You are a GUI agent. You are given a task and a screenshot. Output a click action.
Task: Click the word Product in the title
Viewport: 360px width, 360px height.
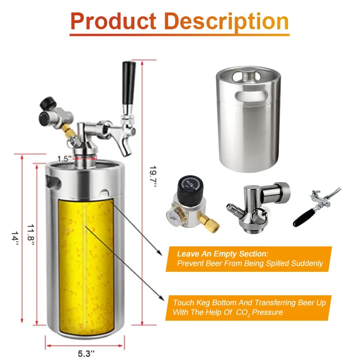[113, 21]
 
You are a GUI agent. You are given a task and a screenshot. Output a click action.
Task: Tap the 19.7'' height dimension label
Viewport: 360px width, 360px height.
[153, 176]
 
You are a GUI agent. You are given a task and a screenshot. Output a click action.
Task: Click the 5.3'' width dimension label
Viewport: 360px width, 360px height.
[86, 353]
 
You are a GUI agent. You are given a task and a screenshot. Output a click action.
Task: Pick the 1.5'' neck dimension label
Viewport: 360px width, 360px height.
[64, 159]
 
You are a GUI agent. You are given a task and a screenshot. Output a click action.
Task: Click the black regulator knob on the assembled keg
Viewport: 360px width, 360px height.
[48, 104]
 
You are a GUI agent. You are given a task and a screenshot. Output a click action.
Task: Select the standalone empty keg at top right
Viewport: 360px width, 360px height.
[248, 119]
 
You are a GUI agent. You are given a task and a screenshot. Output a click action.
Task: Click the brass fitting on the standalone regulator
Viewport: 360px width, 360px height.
[209, 223]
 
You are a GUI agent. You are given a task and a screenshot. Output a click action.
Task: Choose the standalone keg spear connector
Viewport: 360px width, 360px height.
[259, 207]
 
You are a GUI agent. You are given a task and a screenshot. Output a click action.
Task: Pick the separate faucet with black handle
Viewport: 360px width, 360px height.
[317, 207]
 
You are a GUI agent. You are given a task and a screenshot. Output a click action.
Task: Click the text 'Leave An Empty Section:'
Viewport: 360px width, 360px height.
[223, 254]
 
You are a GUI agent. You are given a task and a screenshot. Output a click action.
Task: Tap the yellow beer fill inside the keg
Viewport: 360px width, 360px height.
[86, 267]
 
